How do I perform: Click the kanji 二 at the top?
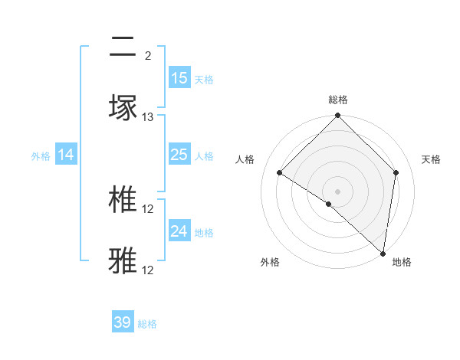click(123, 48)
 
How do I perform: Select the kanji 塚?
click(123, 107)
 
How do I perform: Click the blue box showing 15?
click(179, 78)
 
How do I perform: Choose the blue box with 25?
click(179, 155)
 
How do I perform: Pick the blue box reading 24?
click(179, 231)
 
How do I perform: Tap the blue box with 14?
click(66, 155)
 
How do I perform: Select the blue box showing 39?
click(123, 322)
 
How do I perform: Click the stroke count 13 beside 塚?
click(148, 117)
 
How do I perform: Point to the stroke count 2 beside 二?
click(147, 56)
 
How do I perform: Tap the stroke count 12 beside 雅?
click(148, 270)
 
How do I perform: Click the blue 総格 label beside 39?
click(147, 324)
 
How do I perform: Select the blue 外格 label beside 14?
click(41, 155)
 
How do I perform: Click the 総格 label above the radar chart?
click(338, 100)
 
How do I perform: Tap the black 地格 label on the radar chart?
click(402, 262)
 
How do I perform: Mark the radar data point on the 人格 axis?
click(280, 173)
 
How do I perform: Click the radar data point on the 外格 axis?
click(329, 204)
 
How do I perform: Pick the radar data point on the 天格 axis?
click(396, 172)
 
